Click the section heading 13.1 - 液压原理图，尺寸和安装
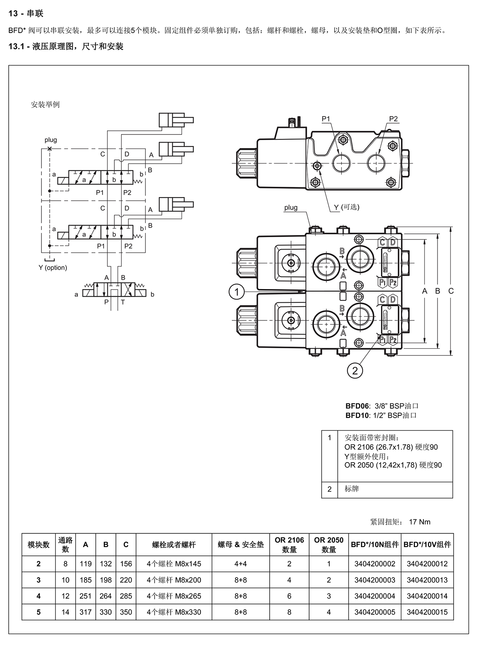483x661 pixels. pos(66,46)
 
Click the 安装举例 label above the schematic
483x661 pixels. pos(45,104)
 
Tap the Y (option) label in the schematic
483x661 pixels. pos(53,268)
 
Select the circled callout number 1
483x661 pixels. pos(236,292)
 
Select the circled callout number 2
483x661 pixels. pos(355,370)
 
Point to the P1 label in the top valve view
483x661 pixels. pos(326,119)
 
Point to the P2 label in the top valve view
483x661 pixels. pos(393,119)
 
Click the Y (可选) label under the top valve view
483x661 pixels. pos(347,207)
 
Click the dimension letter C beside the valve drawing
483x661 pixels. pos(451,291)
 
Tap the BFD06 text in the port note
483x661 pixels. pos(357,406)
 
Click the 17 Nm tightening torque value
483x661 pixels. pos(419,522)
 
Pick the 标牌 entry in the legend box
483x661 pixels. pos(352,489)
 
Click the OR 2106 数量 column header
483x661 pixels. pos(289,545)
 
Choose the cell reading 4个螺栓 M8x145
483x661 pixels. pos(174,564)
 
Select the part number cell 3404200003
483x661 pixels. pos(375,580)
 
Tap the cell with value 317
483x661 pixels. pos(85,612)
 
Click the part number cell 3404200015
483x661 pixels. pos(427,612)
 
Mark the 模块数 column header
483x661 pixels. pos(38,545)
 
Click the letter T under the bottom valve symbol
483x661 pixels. pos(123,302)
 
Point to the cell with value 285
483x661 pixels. pos(126,596)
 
